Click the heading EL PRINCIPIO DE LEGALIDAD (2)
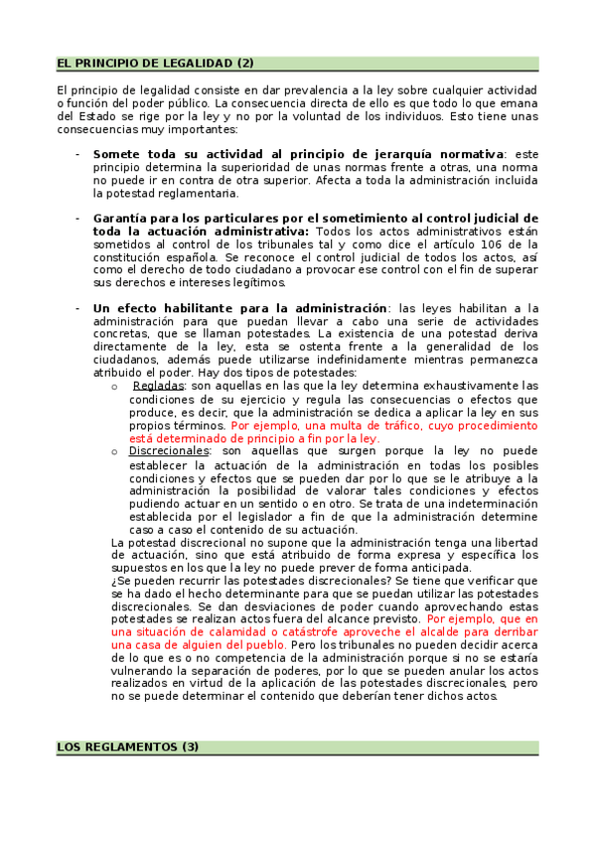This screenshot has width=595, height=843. [x=156, y=63]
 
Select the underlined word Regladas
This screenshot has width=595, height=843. [x=157, y=385]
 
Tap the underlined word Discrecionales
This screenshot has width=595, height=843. [x=168, y=450]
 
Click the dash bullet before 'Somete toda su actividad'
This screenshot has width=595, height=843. [x=77, y=154]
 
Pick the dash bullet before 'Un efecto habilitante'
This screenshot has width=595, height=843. [x=77, y=308]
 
